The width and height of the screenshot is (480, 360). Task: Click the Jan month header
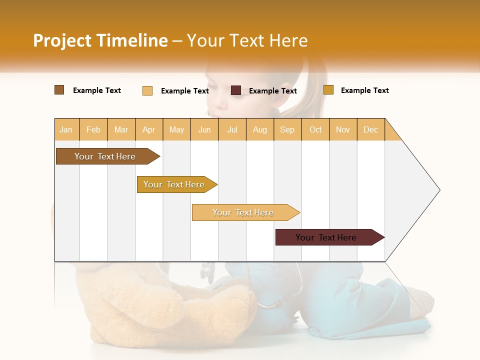point(66,129)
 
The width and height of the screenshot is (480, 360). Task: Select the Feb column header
point(93,129)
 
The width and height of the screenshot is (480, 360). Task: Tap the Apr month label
point(148,129)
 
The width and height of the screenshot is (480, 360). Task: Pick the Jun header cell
point(204,129)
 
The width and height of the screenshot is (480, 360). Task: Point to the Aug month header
point(259,129)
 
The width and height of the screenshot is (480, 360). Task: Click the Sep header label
point(287,129)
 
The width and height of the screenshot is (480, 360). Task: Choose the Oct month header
point(315,129)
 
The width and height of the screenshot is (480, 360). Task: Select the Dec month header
point(370,129)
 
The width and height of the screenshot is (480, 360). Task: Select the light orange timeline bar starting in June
point(243,212)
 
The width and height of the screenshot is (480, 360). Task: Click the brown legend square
point(59,90)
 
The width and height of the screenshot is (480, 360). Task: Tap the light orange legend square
point(147,90)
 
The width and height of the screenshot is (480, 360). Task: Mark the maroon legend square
point(236,90)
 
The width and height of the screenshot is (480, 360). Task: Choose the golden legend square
point(328,90)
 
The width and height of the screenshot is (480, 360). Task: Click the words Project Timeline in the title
point(100,40)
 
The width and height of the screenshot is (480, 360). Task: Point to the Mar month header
point(121,129)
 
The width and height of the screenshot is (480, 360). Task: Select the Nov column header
point(342,129)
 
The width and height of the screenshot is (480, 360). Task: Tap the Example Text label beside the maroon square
point(272,91)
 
